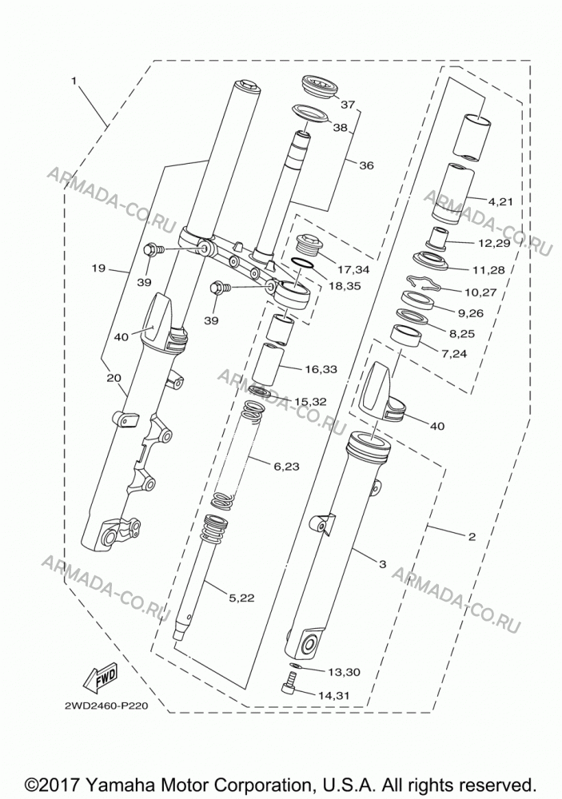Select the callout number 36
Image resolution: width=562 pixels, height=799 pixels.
pos(366,165)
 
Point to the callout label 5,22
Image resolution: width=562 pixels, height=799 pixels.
pos(241,598)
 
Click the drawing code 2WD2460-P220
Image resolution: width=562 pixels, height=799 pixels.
pos(106,706)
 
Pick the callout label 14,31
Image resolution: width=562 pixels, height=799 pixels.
pos(334,695)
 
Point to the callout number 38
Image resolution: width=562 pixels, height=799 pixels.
pos(340,127)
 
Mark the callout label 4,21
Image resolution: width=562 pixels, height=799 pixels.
pos(500,202)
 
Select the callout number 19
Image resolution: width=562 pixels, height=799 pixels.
pos(98,268)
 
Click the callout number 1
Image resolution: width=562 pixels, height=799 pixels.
pos(74,81)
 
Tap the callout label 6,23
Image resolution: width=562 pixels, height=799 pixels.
pos(287,466)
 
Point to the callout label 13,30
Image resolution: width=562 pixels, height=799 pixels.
pos(345,672)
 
